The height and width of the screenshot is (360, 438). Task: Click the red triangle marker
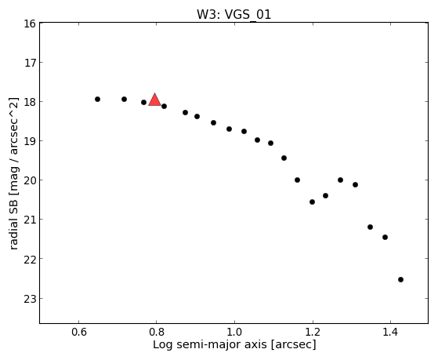(x=154, y=100)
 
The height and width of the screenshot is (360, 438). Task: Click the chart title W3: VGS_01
(x=233, y=14)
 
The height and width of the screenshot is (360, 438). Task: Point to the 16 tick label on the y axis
(x=30, y=24)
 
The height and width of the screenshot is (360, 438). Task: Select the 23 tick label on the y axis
(x=30, y=299)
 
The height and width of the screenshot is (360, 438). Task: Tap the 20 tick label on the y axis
(x=30, y=180)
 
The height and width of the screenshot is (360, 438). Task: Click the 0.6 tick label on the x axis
(x=79, y=332)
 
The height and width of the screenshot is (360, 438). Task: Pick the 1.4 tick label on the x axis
(x=390, y=332)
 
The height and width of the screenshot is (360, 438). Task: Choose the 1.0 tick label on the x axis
(x=234, y=332)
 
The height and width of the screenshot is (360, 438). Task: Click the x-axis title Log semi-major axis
(x=210, y=344)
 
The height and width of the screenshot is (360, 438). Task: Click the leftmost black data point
(x=97, y=100)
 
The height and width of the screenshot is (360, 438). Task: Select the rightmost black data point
(x=401, y=279)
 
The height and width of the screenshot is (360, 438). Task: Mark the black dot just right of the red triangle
(x=165, y=107)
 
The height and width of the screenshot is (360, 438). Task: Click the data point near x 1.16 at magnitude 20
(x=298, y=180)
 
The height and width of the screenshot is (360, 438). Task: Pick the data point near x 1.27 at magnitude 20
(x=341, y=180)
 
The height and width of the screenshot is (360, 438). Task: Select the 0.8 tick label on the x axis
(x=157, y=332)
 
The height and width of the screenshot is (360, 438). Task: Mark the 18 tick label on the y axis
(x=30, y=102)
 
